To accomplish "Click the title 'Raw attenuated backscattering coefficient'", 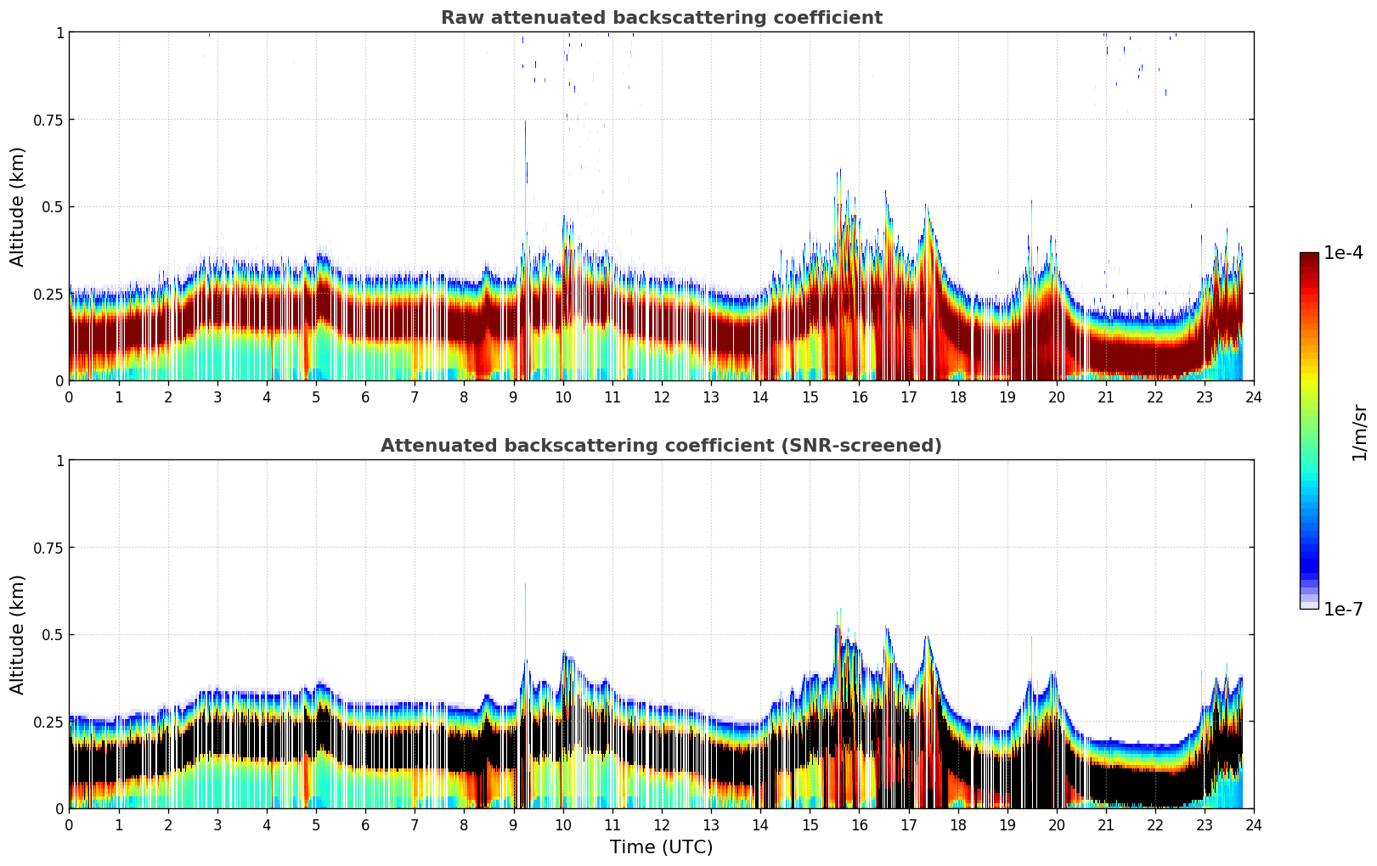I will pos(661,18).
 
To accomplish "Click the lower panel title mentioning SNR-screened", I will pos(661,446).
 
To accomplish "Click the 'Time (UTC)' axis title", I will pos(661,846).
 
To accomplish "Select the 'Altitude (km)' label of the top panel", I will pos(18,206).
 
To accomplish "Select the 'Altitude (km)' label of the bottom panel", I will pos(18,634).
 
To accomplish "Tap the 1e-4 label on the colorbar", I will pos(1343,253).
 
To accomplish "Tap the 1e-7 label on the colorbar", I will pos(1343,609).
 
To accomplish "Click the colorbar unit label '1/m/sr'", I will pos(1359,432).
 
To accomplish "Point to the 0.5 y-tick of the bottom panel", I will pos(53,634).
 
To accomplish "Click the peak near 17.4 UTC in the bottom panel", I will pos(927,638).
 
